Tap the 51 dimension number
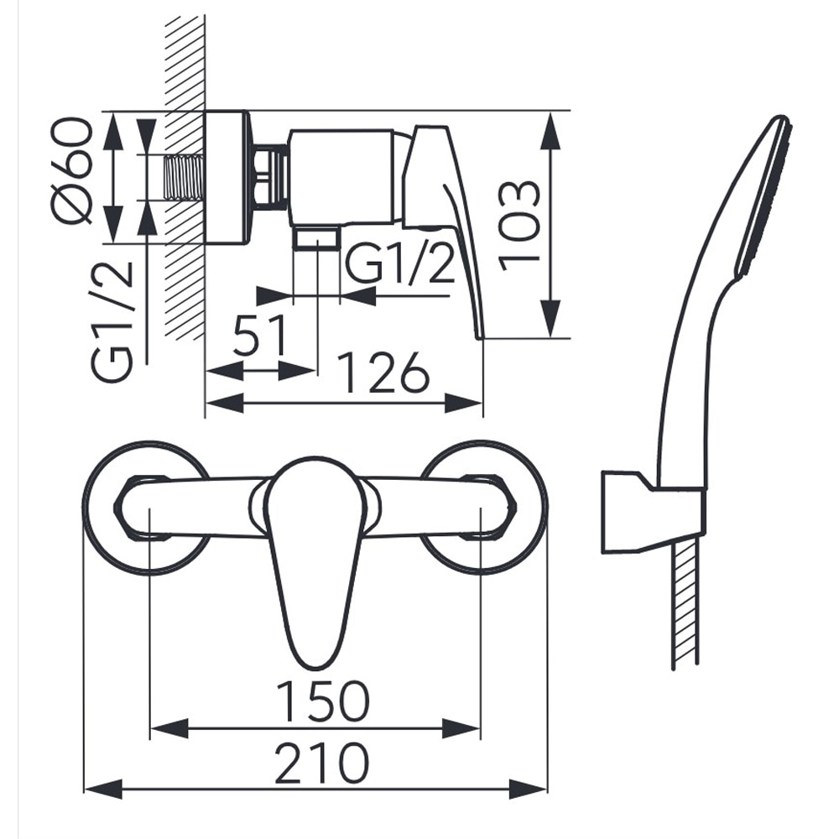[x=260, y=335]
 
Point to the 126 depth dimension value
[x=385, y=372]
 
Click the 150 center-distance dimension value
[x=323, y=701]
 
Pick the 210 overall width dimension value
[x=322, y=763]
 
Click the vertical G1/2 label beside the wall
[x=112, y=320]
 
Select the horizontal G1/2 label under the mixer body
[x=401, y=263]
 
